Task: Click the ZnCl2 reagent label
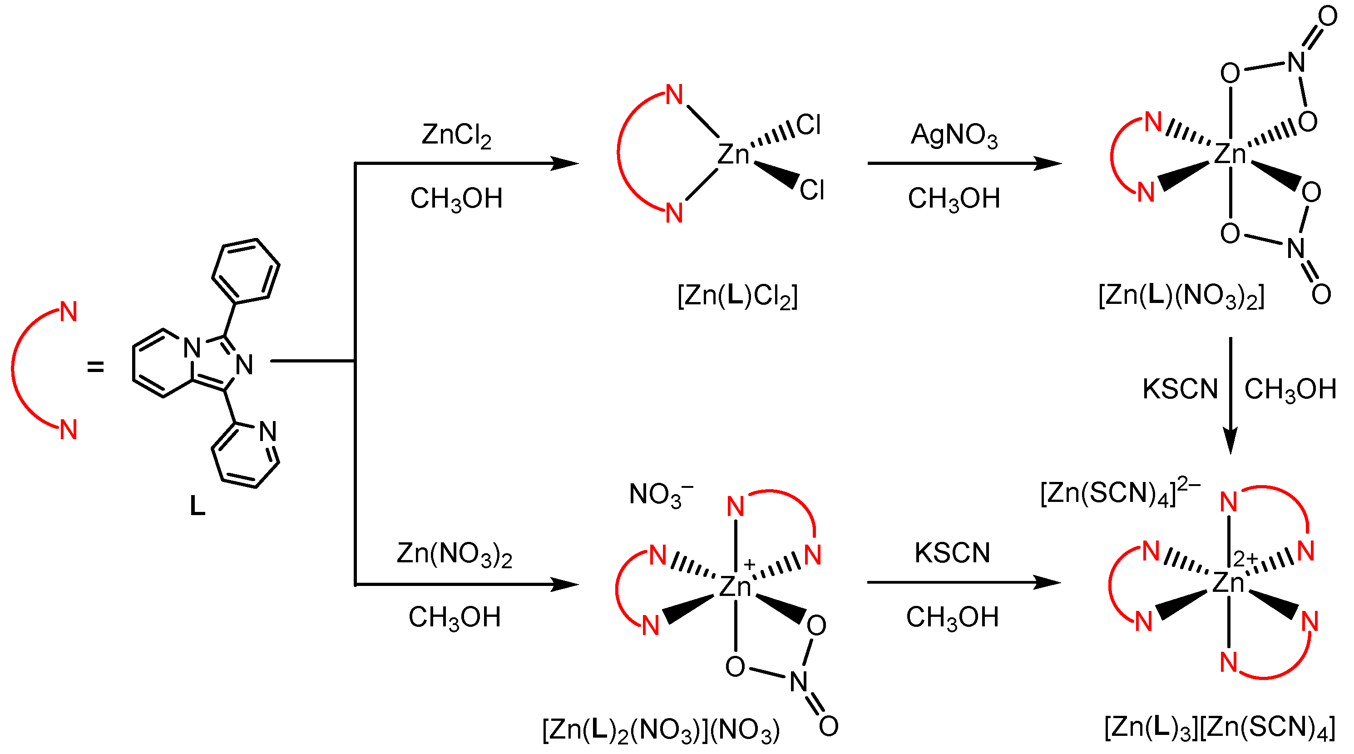(x=456, y=136)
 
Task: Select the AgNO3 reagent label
(x=954, y=136)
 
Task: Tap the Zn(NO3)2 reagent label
(x=454, y=555)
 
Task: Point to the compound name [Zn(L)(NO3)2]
(x=1181, y=296)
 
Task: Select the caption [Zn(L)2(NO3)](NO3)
(x=661, y=730)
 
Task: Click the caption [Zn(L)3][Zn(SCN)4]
(x=1220, y=728)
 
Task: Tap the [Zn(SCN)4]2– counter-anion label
(x=1120, y=493)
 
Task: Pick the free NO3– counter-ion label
(x=660, y=495)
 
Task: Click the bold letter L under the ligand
(x=197, y=506)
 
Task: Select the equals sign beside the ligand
(x=95, y=367)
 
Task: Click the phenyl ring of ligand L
(x=246, y=271)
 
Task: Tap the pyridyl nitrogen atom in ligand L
(x=268, y=432)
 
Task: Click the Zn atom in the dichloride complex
(x=733, y=154)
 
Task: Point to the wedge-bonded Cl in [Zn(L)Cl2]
(x=811, y=190)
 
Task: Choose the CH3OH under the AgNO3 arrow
(x=954, y=199)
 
